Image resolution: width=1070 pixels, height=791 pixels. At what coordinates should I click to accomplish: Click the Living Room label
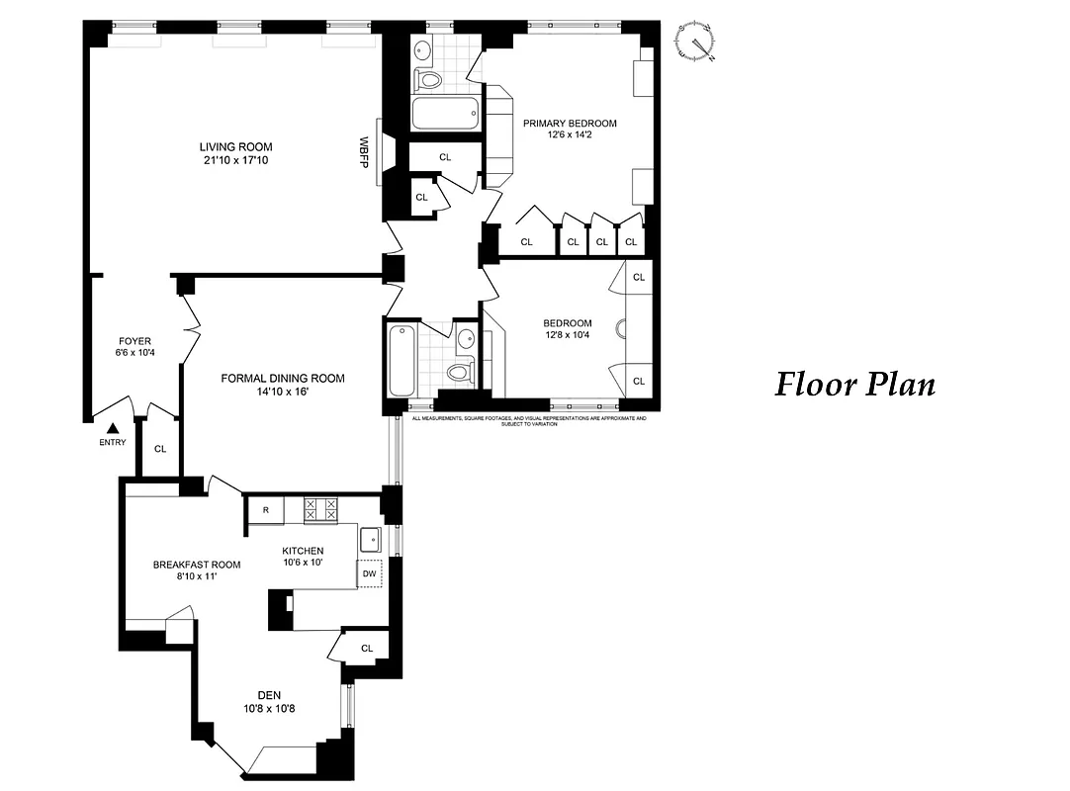click(235, 147)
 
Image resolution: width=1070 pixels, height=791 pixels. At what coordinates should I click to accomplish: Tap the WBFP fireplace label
click(364, 151)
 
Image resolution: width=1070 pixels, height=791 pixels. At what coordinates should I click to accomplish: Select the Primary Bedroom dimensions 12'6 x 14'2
click(570, 136)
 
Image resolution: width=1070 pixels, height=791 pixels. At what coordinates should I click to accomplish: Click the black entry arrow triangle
click(113, 428)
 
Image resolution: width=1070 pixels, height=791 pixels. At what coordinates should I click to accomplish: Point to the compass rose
click(696, 42)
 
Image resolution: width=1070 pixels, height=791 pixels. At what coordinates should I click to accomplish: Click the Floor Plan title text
click(854, 384)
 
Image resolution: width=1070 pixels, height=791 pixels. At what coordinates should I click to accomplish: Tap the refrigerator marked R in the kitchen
click(265, 510)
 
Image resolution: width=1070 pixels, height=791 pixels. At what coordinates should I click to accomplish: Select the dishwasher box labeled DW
click(370, 573)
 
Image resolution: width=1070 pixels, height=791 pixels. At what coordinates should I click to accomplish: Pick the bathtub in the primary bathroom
click(445, 115)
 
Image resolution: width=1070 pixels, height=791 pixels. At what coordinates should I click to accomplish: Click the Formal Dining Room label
click(283, 378)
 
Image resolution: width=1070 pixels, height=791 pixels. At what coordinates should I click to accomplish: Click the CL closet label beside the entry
click(160, 448)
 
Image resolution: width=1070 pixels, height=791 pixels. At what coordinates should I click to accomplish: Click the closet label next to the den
click(367, 649)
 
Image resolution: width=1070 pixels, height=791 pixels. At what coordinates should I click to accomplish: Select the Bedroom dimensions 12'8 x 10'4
click(568, 336)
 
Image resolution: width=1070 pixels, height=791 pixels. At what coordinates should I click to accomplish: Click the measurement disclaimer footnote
click(529, 420)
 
